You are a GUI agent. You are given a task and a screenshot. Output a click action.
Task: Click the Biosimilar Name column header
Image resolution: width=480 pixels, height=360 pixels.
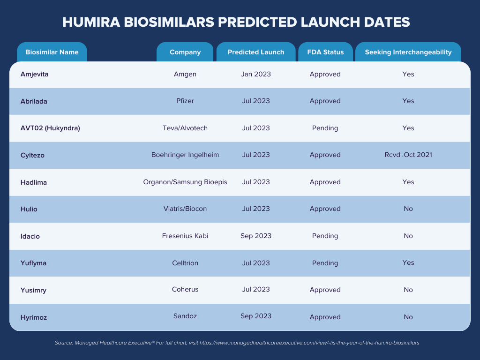coord(52,52)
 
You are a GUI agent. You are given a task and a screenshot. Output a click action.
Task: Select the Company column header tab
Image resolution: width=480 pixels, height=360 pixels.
coord(185,52)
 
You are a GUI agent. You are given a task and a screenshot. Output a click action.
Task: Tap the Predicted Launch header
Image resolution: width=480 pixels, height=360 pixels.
coord(256,52)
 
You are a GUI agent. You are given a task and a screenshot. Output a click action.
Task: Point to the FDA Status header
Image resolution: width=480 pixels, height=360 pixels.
coord(325,52)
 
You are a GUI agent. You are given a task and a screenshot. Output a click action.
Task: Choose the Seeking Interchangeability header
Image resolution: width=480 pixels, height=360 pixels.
coord(408,52)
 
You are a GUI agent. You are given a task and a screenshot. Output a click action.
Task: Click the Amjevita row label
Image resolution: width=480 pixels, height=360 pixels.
coord(34,75)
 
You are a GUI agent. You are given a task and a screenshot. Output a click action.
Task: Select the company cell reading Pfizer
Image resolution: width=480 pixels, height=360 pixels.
coord(185,101)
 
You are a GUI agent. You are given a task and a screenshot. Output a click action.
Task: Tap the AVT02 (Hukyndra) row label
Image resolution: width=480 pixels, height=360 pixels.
coord(50,128)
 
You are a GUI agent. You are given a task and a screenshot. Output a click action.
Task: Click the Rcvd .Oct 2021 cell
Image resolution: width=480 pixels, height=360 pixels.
coord(408,155)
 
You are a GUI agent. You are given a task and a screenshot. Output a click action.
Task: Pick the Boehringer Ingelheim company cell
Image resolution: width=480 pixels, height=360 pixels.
coord(185,155)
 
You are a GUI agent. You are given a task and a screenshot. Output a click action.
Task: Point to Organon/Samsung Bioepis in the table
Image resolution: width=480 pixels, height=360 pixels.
coord(185,182)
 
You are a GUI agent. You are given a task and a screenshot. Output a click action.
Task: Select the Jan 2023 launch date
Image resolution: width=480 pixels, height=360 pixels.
coord(256,75)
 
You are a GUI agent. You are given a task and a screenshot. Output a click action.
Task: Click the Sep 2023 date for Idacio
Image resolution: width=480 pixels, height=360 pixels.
coord(256,236)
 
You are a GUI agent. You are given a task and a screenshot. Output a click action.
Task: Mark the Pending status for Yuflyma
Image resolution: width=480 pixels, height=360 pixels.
coord(325,263)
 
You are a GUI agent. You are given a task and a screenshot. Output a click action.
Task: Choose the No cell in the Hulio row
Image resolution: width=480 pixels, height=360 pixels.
coord(408,209)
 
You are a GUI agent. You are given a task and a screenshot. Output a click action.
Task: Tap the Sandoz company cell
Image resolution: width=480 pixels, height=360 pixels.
coord(185,316)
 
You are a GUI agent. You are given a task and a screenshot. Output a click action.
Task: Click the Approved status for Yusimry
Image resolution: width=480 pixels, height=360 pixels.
coord(325,290)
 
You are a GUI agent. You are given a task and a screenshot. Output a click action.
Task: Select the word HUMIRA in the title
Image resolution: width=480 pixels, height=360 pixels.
coord(91,22)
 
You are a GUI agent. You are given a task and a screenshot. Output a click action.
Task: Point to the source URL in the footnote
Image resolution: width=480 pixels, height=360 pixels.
coord(309,343)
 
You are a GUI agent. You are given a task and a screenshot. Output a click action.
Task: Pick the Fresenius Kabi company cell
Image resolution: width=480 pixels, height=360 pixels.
coord(185,236)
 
